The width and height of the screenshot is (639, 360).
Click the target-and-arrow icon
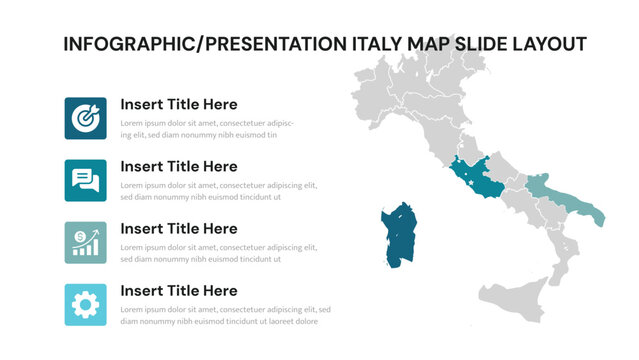[x=85, y=118]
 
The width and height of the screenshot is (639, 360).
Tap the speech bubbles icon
[x=85, y=180]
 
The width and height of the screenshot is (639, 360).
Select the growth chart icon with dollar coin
[x=85, y=242]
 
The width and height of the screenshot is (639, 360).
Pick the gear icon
[x=85, y=304]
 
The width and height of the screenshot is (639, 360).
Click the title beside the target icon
[x=178, y=104]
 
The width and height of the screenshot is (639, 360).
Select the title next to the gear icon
[x=178, y=291]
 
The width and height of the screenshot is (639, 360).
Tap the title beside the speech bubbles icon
[x=178, y=166]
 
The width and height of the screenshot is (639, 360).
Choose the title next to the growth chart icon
[x=178, y=228]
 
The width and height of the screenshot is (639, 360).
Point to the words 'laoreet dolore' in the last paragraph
[x=297, y=322]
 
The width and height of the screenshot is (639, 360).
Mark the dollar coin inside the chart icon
[x=77, y=236]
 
